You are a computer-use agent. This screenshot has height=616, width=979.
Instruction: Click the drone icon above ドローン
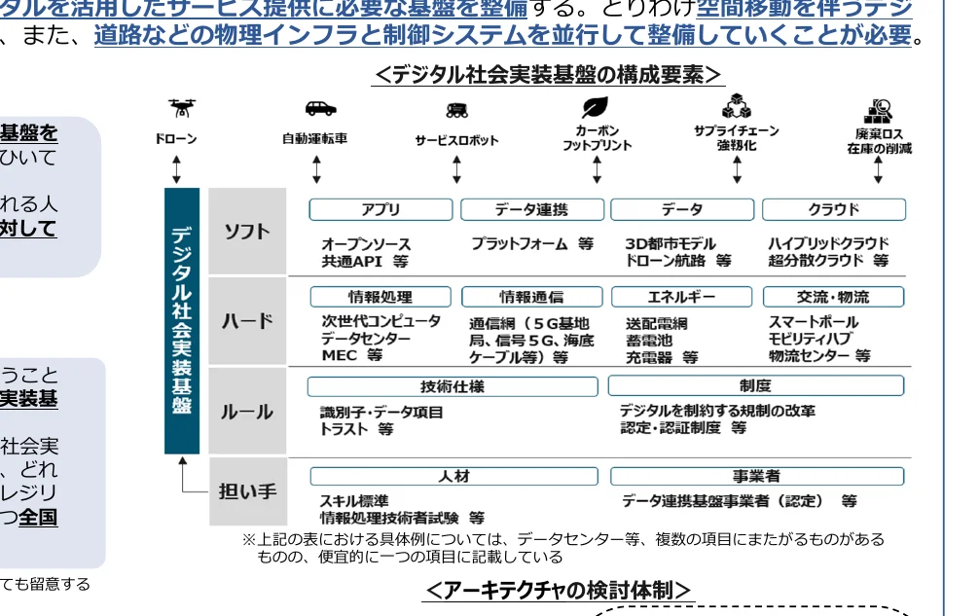[x=177, y=107]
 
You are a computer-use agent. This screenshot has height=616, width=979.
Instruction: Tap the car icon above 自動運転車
[x=320, y=108]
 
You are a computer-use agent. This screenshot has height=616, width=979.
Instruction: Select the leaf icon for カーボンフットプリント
[x=594, y=107]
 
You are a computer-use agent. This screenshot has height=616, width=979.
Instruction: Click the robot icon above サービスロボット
[x=456, y=110]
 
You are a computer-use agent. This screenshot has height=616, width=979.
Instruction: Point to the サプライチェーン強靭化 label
[x=736, y=138]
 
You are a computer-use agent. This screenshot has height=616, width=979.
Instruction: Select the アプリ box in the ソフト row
[x=381, y=209]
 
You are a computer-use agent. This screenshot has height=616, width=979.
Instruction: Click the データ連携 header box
[x=531, y=209]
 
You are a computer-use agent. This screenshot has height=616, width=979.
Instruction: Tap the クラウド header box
[x=833, y=209]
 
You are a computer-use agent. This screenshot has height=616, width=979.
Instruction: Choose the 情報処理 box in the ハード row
[x=381, y=297]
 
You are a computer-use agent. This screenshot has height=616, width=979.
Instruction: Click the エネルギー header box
[x=681, y=297]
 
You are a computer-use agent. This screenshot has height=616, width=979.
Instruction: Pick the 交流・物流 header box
[x=833, y=297]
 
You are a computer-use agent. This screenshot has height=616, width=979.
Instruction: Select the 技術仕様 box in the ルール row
[x=453, y=386]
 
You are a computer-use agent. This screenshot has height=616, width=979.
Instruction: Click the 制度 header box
[x=756, y=386]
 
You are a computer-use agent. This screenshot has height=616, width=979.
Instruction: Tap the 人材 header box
[x=453, y=476]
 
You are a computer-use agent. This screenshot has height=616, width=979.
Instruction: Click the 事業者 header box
[x=756, y=476]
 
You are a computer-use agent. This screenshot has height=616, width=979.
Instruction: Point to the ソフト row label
[x=247, y=232]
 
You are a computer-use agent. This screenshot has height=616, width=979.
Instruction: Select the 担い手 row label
[x=247, y=491]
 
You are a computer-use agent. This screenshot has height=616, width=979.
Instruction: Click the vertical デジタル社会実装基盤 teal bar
[x=182, y=321]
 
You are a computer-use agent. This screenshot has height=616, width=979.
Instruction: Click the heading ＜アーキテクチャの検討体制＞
[x=559, y=590]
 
